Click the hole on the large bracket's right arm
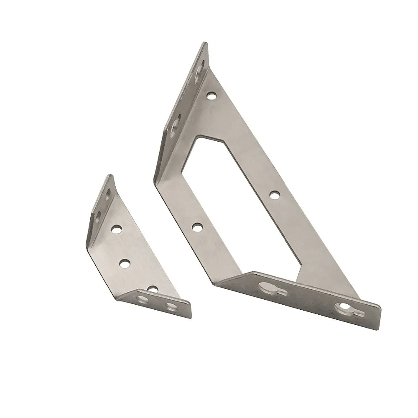click(274, 195)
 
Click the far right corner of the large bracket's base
click(380, 307)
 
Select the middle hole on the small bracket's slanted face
click(125, 263)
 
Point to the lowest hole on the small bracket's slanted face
click(153, 289)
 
